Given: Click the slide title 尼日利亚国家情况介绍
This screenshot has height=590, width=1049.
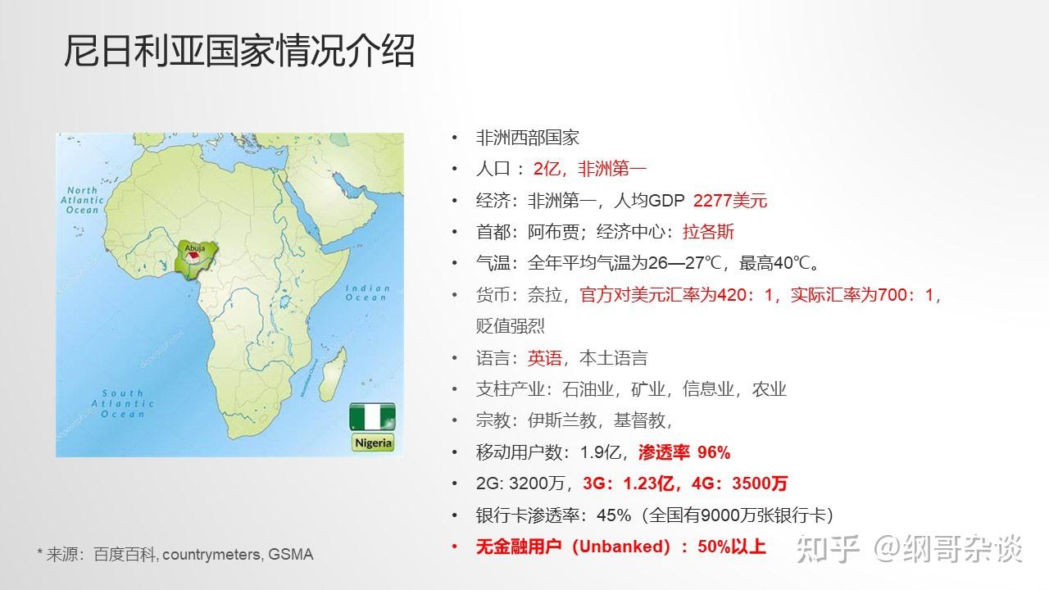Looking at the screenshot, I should point(239,51).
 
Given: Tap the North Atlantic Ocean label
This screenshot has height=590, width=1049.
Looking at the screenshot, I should point(83,200).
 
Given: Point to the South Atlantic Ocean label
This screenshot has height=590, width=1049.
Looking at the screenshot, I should point(123,403).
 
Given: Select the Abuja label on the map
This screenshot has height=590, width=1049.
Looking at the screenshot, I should point(195,246).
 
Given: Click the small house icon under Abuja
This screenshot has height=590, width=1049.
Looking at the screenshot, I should point(193,257).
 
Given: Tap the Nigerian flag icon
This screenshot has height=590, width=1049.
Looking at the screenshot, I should point(373,416).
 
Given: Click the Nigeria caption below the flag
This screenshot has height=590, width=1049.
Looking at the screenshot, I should point(374,443).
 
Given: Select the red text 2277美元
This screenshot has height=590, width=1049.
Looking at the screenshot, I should point(730,201).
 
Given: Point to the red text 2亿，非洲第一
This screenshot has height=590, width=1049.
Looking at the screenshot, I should point(590,170).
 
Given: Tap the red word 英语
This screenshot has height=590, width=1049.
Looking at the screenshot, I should point(545,358).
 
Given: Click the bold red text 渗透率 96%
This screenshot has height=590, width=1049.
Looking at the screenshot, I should point(683,452).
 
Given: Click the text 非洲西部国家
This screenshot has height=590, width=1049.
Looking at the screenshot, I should point(528,138).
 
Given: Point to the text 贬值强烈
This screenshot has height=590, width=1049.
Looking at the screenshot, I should point(511,326).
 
